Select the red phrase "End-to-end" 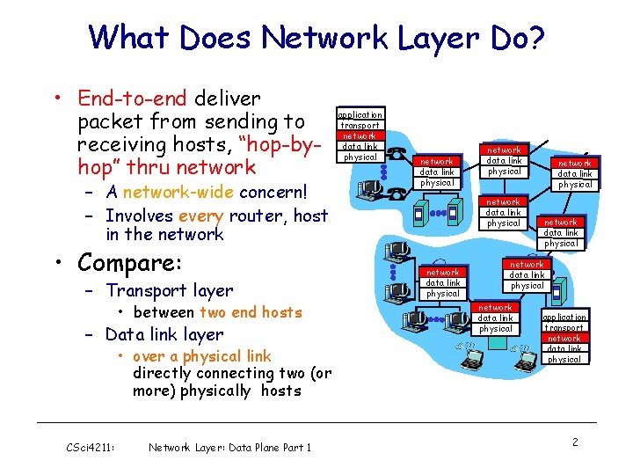[132, 99]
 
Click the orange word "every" [201, 216]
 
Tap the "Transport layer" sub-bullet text [169, 290]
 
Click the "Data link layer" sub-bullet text [164, 334]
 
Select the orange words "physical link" [226, 356]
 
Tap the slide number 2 [575, 442]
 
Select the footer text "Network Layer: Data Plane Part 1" [230, 448]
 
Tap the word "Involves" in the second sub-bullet [139, 216]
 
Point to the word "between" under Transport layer [164, 312]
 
